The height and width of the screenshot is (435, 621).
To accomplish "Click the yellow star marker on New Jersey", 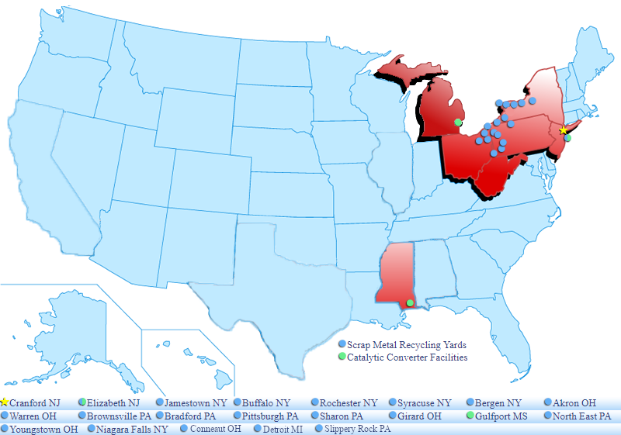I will click(564, 129).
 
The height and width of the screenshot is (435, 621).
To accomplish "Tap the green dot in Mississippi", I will click(410, 302).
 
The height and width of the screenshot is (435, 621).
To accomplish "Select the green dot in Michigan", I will click(458, 123).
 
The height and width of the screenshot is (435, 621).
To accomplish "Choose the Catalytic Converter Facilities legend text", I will click(408, 357).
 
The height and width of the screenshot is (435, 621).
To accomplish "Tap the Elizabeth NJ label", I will click(113, 403).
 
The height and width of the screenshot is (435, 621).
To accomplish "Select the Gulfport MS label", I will click(501, 416).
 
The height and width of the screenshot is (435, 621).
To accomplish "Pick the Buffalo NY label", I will click(266, 403).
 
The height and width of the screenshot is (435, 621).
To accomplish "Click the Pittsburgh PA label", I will click(269, 416).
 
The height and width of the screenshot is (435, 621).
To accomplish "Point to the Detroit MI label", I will click(283, 429).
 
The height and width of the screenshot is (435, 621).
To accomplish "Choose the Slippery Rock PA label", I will click(357, 429).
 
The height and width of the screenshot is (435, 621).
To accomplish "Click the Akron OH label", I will click(575, 403).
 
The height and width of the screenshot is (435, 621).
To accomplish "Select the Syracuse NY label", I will click(424, 403).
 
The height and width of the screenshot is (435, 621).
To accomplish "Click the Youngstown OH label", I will click(43, 429).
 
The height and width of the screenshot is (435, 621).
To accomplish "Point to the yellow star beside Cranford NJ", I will click(5, 402).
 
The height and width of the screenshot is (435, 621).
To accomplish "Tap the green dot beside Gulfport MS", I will click(470, 416).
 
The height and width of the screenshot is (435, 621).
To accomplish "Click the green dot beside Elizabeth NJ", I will click(82, 402).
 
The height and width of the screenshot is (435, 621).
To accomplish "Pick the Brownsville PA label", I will click(119, 416).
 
